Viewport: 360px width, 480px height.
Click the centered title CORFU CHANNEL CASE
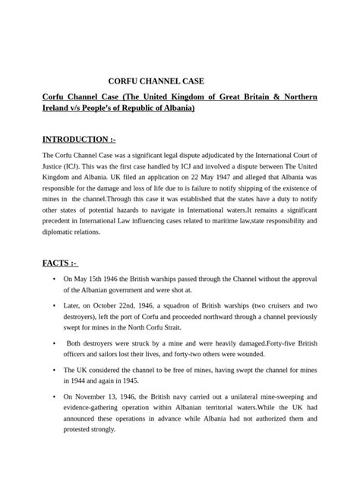156,80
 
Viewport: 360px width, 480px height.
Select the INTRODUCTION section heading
79,141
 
